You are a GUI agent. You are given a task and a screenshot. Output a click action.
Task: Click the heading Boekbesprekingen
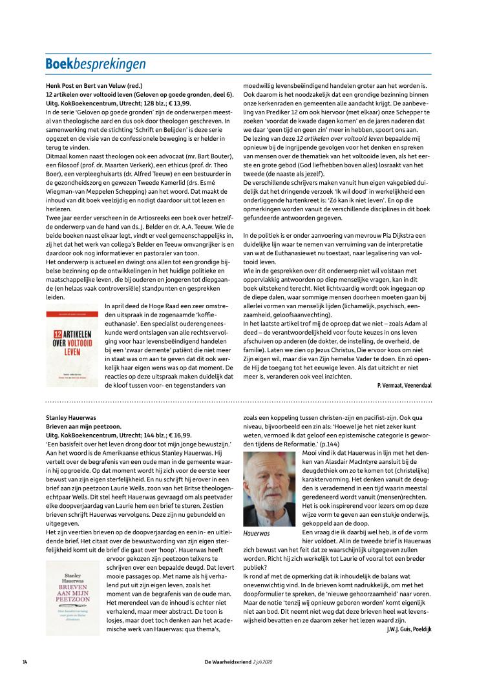tap(95, 64)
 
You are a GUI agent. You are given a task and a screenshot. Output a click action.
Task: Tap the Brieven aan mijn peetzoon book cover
tap(73, 598)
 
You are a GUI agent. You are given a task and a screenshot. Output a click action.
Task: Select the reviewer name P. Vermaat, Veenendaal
tap(404, 385)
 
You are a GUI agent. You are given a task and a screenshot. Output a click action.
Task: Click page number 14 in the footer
tap(25, 662)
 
